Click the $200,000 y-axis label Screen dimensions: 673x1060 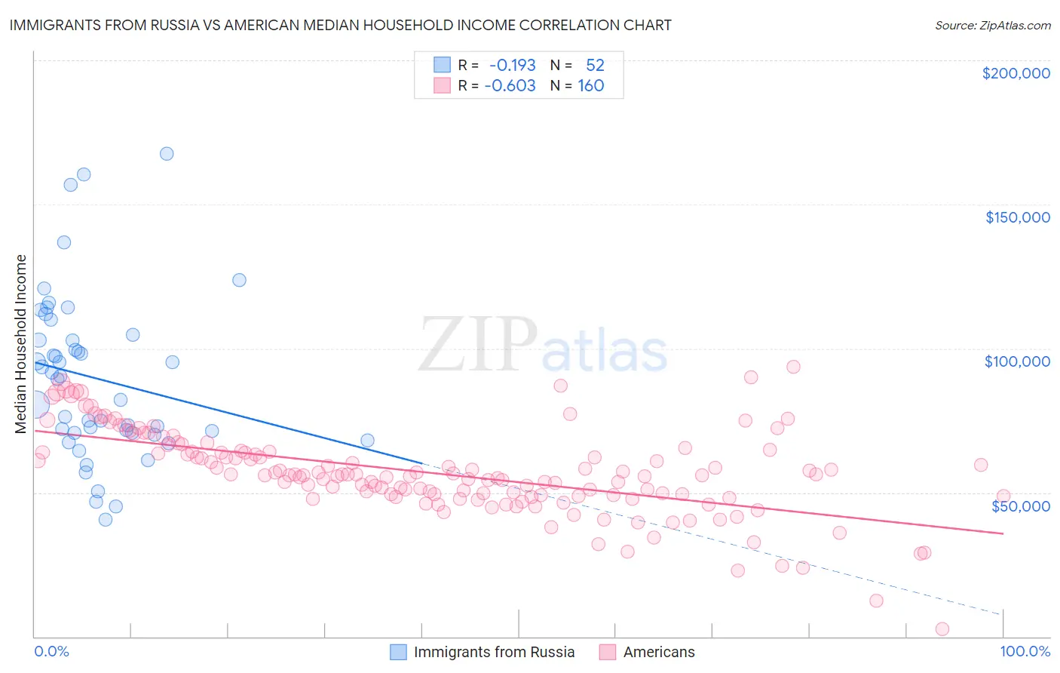[1016, 73]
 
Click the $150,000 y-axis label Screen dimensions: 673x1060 [1017, 217]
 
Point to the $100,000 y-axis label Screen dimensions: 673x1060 [1017, 361]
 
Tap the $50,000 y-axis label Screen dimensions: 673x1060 [1021, 506]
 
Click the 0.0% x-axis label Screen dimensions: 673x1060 [51, 651]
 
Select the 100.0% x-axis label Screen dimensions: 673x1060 [1025, 651]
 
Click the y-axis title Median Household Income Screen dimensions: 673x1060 [20, 344]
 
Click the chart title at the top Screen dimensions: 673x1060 [340, 25]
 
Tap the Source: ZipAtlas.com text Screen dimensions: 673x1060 [992, 25]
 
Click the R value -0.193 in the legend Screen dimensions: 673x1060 [512, 65]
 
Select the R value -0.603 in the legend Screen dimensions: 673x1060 [510, 85]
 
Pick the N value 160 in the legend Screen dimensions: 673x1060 [591, 85]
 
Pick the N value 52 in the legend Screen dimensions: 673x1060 [595, 65]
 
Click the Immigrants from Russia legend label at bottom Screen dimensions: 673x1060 [494, 652]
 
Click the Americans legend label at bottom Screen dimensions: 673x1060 [659, 652]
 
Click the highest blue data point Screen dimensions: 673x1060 [167, 153]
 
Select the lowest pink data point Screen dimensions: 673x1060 [942, 628]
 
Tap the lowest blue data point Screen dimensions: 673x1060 [106, 519]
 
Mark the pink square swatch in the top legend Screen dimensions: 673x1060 [442, 85]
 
